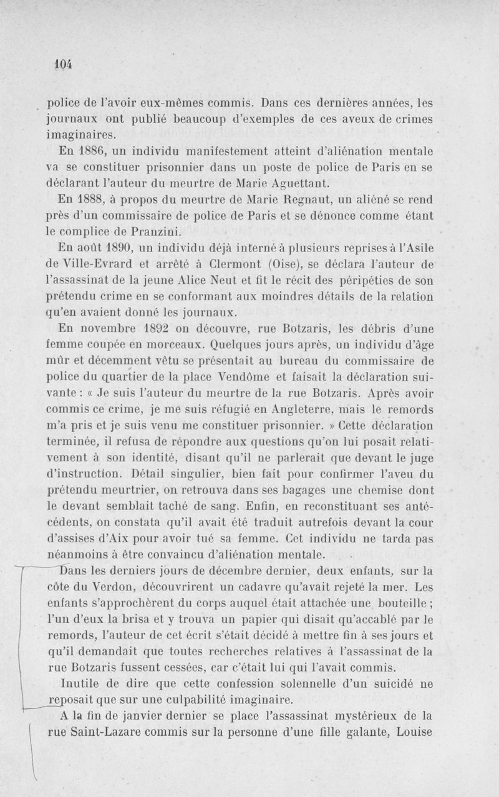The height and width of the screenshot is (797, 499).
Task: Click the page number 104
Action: [64, 62]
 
